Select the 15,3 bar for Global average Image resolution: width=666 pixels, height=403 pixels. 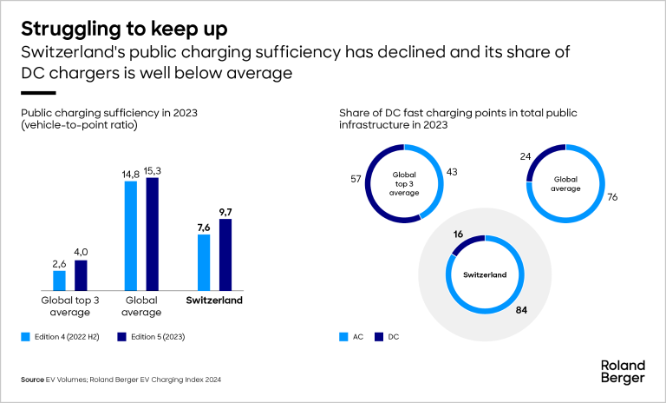click(153, 234)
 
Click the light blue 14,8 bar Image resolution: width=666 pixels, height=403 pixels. click(132, 235)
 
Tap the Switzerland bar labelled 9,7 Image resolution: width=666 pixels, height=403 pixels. click(225, 254)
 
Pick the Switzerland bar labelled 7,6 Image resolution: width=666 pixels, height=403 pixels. click(205, 262)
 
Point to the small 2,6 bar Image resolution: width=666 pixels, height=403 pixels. click(60, 281)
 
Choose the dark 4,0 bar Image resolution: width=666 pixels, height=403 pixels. click(81, 275)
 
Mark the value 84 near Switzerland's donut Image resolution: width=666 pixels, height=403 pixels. click(521, 308)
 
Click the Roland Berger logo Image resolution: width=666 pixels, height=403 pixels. click(622, 371)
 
